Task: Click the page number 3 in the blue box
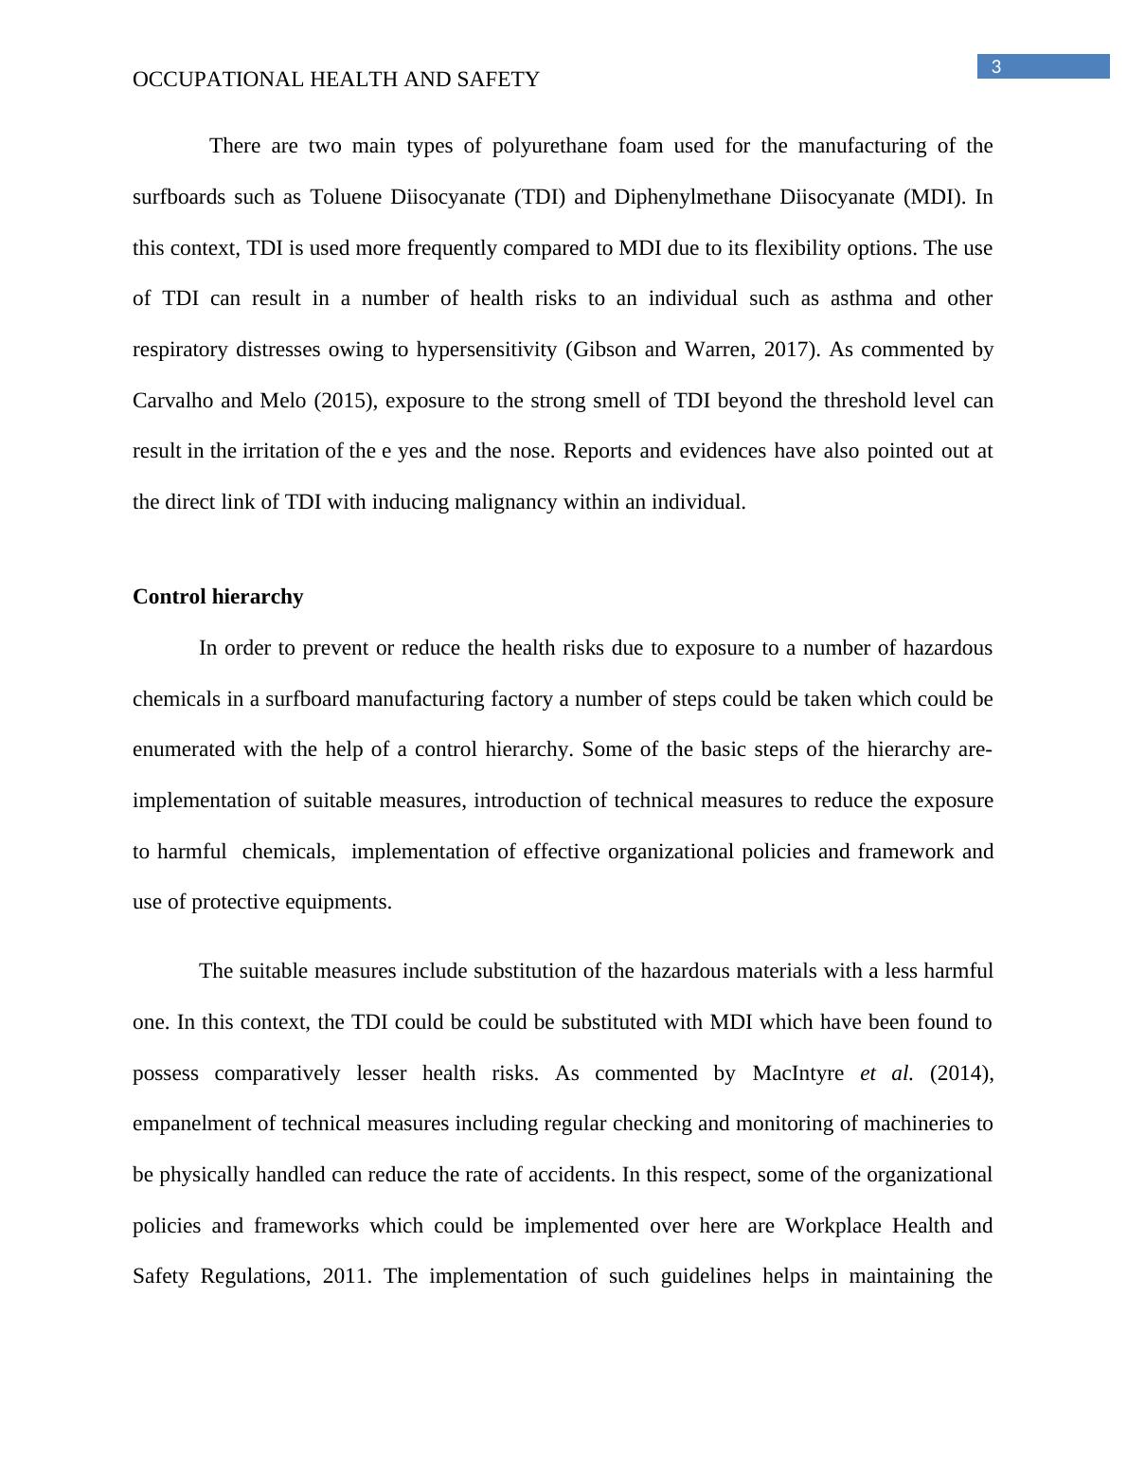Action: (996, 66)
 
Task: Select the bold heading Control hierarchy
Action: (218, 597)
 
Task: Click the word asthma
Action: (861, 298)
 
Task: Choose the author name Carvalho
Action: (173, 401)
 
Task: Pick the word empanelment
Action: (190, 1124)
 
